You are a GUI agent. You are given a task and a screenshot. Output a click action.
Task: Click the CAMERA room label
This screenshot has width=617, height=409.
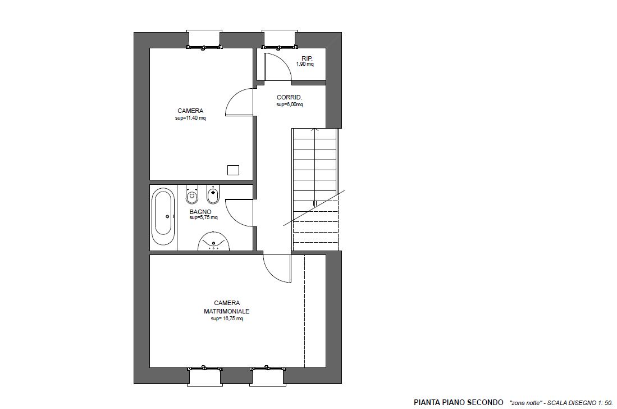190,111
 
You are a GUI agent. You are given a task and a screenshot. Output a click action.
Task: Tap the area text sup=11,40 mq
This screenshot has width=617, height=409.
190,118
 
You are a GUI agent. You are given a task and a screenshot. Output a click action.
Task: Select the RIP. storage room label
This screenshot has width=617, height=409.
307,58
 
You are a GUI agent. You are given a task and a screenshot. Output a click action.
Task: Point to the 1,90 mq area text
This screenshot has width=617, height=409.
305,64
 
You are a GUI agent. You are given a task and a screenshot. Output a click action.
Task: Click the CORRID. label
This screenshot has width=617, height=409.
289,98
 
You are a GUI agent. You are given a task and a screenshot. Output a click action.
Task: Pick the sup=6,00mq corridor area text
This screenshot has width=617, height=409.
290,104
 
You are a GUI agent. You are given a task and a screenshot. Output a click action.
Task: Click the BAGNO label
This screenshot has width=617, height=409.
200,212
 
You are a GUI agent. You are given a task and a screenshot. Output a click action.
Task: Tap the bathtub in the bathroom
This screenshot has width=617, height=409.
163,216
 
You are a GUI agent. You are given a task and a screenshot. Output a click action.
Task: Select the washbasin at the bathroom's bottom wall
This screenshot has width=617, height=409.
213,241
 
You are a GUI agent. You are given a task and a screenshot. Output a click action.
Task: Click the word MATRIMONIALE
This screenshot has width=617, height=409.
227,311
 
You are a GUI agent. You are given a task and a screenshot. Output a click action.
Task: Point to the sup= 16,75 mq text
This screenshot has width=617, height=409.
227,319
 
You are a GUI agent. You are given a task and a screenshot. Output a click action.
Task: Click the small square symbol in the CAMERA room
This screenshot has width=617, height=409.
234,170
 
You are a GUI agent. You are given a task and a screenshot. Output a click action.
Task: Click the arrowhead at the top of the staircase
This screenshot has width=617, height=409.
314,129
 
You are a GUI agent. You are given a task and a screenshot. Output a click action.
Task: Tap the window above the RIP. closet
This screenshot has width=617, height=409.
278,39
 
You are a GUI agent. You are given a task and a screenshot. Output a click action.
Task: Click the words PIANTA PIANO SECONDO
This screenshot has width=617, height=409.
459,402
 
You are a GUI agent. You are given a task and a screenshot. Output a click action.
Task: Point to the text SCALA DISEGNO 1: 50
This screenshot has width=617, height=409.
580,403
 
